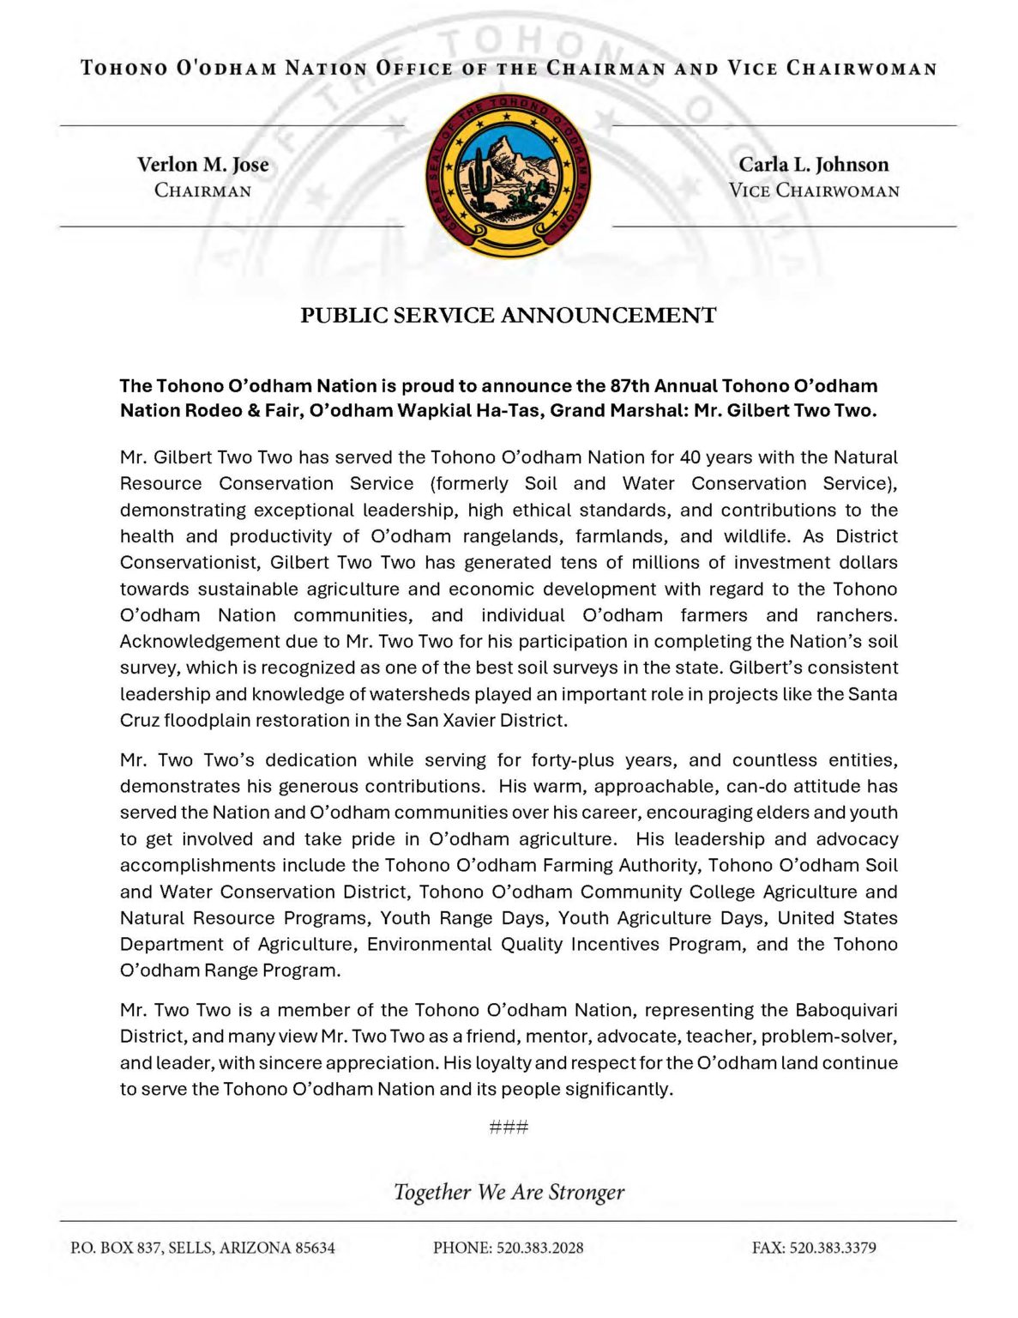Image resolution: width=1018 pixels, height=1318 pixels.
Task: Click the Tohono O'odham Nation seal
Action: pyautogui.click(x=509, y=176)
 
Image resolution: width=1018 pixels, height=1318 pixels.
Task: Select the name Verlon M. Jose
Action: pyautogui.click(x=203, y=165)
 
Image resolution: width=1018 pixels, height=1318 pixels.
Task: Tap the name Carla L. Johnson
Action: pyautogui.click(x=813, y=165)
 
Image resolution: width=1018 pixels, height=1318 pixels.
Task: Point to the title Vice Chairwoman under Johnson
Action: pyautogui.click(x=813, y=190)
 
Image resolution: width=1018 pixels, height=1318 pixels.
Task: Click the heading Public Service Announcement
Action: pyautogui.click(x=509, y=316)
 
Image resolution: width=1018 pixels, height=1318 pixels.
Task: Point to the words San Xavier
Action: pyautogui.click(x=450, y=721)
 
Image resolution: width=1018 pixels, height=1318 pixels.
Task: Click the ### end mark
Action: pyautogui.click(x=509, y=1127)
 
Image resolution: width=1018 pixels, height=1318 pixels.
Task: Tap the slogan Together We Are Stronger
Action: pyautogui.click(x=509, y=1192)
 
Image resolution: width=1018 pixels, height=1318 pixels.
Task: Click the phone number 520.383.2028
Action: pyautogui.click(x=540, y=1248)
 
